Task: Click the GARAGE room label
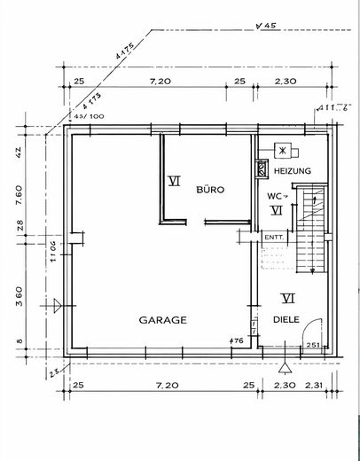pos(161,320)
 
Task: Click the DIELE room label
pos(286,321)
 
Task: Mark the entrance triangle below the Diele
pos(284,365)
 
